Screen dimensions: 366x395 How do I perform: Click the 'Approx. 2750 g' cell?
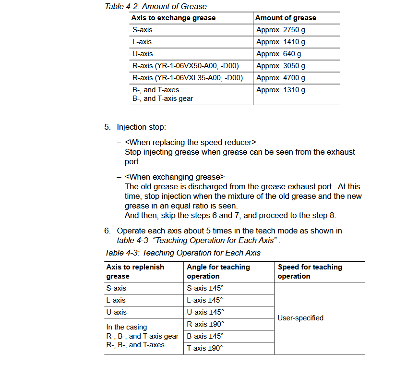click(280, 30)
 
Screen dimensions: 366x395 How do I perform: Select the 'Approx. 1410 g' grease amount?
click(280, 42)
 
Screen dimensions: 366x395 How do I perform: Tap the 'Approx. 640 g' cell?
click(278, 54)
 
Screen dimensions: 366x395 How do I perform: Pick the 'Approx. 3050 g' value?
click(280, 66)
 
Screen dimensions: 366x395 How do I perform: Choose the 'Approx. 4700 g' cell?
click(280, 78)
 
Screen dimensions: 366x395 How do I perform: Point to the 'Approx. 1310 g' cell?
click(280, 90)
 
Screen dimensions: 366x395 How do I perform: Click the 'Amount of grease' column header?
click(286, 18)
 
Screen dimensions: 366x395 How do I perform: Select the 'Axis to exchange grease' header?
click(174, 18)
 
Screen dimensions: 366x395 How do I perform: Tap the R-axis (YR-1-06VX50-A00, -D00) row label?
click(185, 66)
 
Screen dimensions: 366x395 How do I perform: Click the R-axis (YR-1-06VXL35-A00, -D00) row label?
click(187, 78)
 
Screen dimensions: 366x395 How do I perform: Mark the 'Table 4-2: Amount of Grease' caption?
click(156, 6)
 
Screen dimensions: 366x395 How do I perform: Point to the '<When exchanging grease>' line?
click(175, 177)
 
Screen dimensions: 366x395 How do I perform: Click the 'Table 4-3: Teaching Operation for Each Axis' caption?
click(182, 253)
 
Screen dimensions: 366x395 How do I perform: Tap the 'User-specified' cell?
click(300, 318)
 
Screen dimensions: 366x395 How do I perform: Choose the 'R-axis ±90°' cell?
click(205, 324)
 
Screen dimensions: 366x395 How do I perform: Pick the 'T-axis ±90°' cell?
click(205, 348)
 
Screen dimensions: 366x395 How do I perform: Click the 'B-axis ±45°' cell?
click(205, 336)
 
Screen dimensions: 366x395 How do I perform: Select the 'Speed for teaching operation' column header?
click(310, 271)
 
